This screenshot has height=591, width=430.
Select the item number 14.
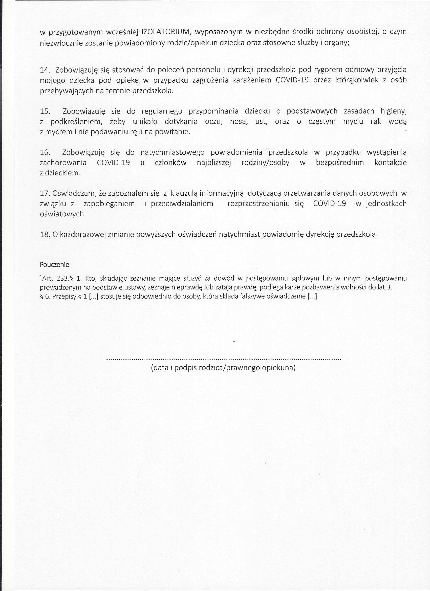pyautogui.click(x=45, y=70)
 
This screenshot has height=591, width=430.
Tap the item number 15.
pyautogui.click(x=45, y=111)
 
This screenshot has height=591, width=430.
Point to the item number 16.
pyautogui.click(x=45, y=152)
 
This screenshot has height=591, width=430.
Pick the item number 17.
pyautogui.click(x=45, y=193)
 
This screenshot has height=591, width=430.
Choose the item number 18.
pyautogui.click(x=45, y=235)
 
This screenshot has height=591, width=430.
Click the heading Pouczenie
pyautogui.click(x=54, y=265)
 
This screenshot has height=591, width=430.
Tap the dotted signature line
pyautogui.click(x=223, y=359)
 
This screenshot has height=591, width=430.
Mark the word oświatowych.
pyautogui.click(x=62, y=214)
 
